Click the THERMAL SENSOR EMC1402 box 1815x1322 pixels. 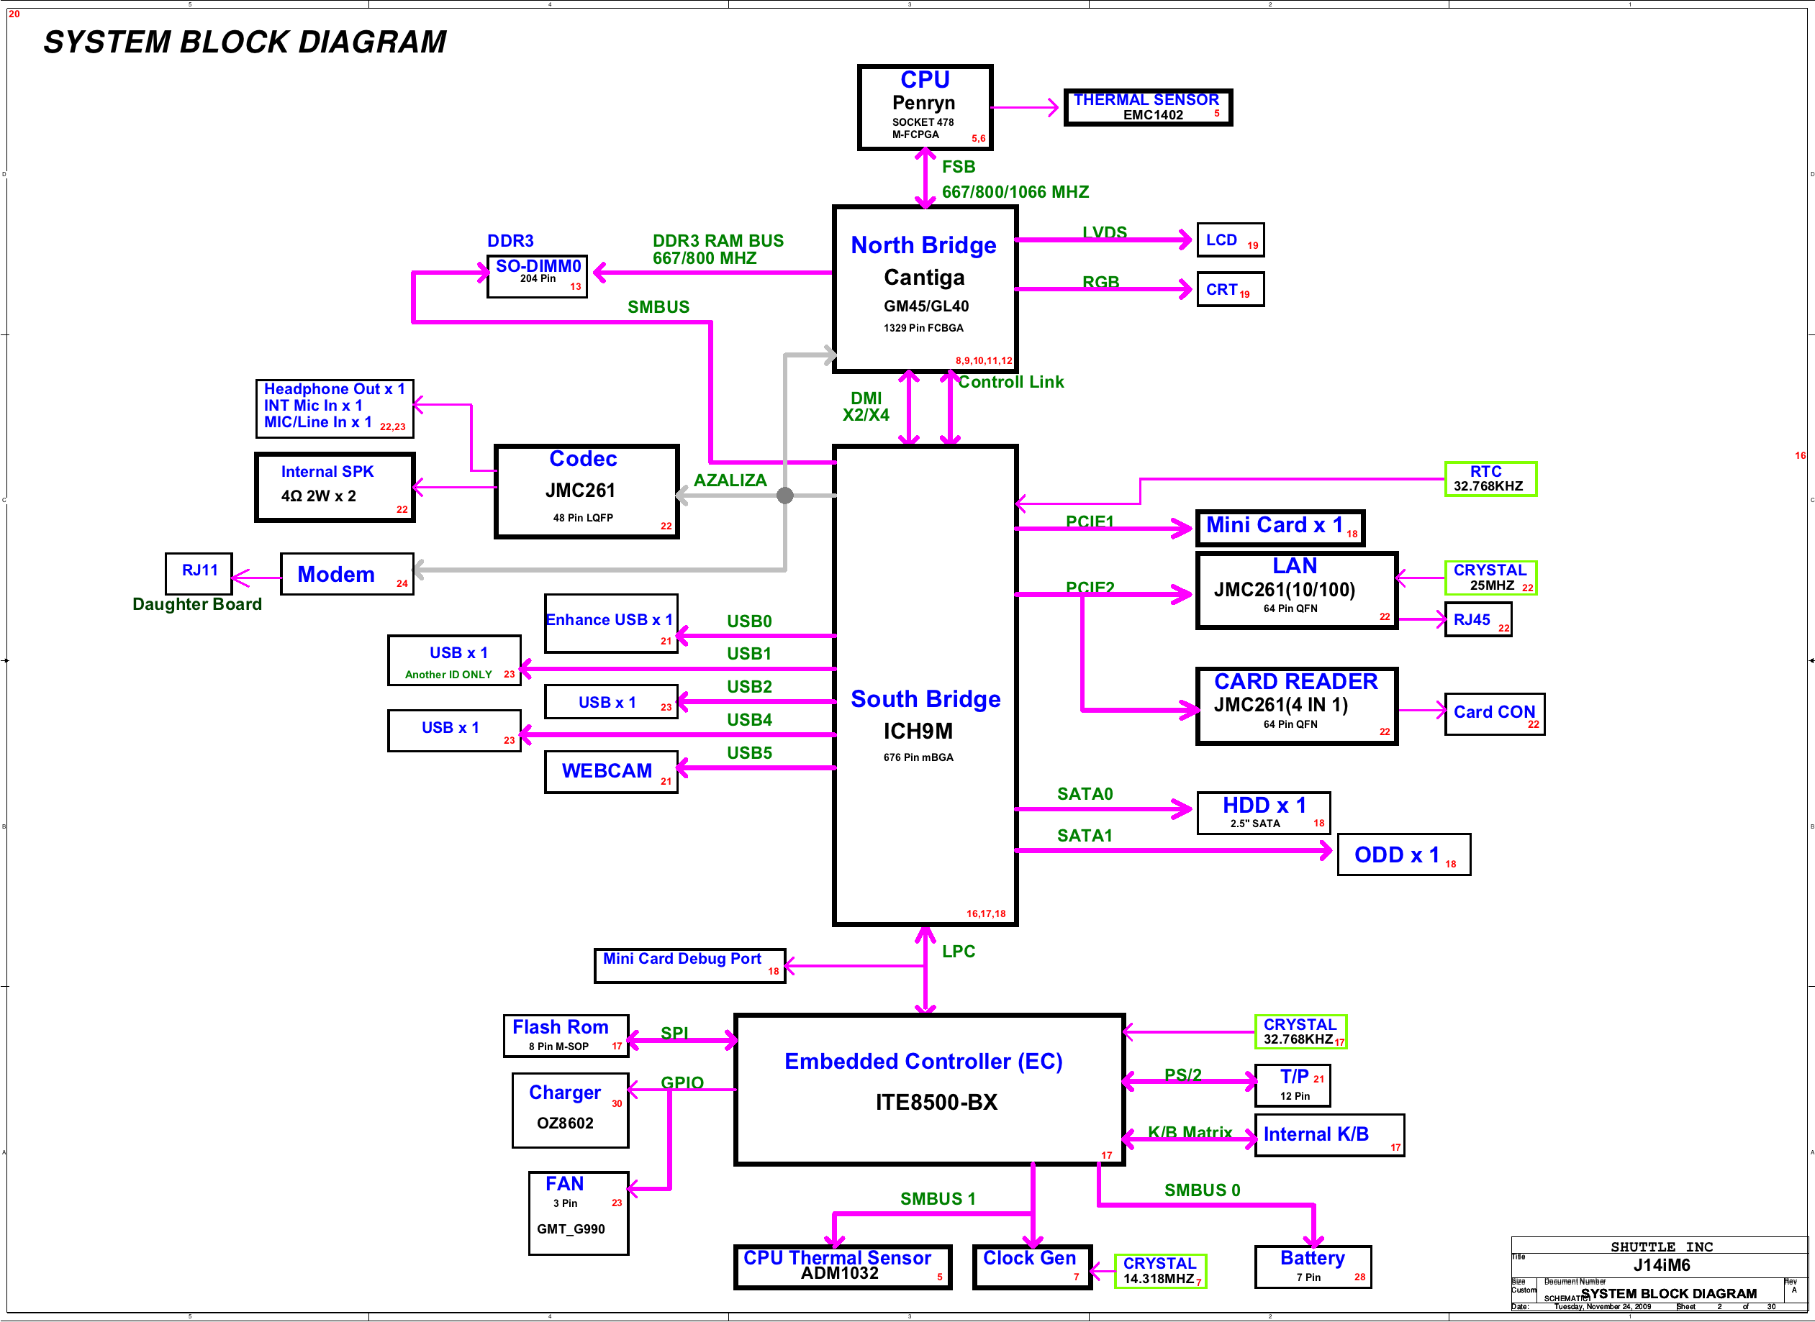click(x=1147, y=107)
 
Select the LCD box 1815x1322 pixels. click(x=1230, y=240)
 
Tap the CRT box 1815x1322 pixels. click(x=1230, y=290)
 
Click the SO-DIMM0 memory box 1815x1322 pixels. click(x=537, y=276)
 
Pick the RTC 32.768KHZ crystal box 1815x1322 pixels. click(x=1490, y=479)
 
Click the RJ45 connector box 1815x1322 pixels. click(x=1477, y=620)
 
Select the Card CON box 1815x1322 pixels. click(x=1494, y=714)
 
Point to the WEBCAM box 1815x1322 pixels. click(x=611, y=772)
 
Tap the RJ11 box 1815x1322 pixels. click(x=199, y=573)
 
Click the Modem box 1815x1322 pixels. click(x=347, y=574)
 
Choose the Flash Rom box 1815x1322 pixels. click(x=565, y=1036)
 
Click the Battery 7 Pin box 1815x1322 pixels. click(x=1312, y=1267)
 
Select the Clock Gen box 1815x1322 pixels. click(x=1031, y=1267)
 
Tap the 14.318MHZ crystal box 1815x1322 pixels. click(x=1160, y=1271)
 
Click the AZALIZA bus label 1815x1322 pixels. click(x=729, y=480)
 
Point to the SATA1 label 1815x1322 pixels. click(x=1084, y=836)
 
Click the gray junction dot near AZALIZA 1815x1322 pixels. click(x=785, y=496)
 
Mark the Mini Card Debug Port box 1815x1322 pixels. click(x=689, y=965)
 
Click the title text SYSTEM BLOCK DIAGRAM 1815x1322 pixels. click(x=245, y=42)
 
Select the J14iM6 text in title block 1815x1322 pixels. click(x=1661, y=1265)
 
